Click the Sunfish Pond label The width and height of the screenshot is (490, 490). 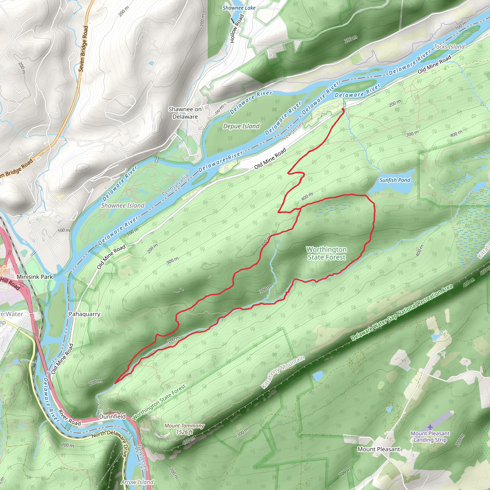point(395,180)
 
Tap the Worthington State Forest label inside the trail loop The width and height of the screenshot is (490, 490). point(326,253)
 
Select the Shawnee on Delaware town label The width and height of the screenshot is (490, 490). point(185,113)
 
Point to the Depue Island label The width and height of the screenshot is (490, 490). point(241,126)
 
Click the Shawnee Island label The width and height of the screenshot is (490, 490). point(123,206)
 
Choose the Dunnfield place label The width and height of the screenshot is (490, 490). point(112,417)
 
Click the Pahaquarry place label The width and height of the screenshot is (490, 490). point(84,314)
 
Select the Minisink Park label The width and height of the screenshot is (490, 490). point(35,277)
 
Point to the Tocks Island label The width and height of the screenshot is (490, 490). point(449,47)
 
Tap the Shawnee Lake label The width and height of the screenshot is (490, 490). point(239,8)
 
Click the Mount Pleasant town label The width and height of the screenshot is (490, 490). point(379,449)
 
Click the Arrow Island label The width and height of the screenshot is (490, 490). point(137,482)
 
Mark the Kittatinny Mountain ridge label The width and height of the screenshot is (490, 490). point(283,372)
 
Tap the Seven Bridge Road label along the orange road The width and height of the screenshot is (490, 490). point(83,49)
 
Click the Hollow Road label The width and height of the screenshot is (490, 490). point(237,28)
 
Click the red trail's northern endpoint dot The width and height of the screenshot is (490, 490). point(343,109)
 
